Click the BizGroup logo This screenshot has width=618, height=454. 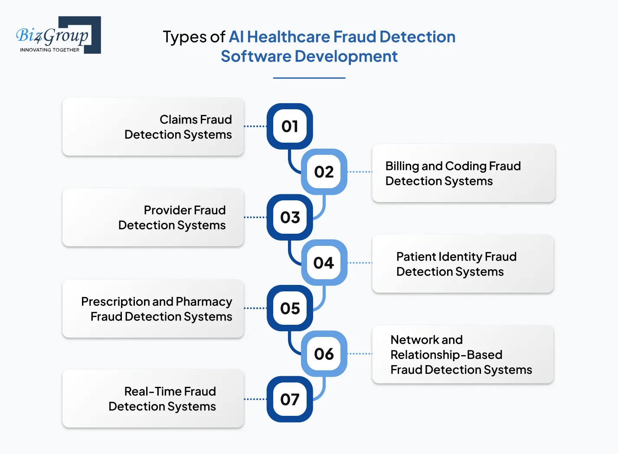coord(58,35)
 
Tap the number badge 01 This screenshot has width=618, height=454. coord(290,126)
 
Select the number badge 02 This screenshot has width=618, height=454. coord(324,172)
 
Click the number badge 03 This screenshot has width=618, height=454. coord(290,217)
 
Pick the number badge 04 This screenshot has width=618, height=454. coord(324,263)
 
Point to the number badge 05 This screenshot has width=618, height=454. coord(290,308)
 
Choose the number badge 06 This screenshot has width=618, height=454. coord(324,354)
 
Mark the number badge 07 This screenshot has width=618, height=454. coord(290,399)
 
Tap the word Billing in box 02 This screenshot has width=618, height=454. coord(402,166)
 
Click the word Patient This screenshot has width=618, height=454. coord(416,257)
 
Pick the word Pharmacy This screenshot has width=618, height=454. coord(204,302)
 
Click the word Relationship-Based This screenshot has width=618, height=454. coord(446,355)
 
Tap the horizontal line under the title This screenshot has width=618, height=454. coord(309,78)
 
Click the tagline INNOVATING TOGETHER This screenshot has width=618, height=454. coord(49,50)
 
